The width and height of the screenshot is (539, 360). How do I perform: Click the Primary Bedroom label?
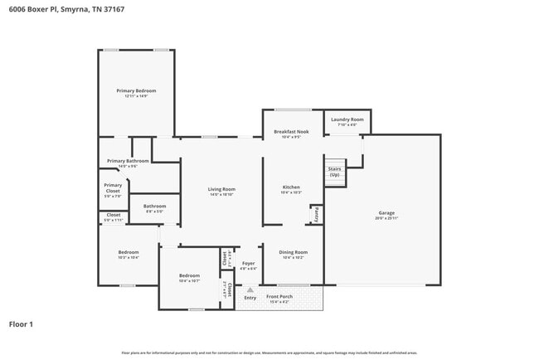[136, 90]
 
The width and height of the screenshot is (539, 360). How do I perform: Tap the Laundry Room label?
[347, 119]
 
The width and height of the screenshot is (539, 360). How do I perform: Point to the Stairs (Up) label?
[334, 172]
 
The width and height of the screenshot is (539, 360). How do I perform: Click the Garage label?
[386, 212]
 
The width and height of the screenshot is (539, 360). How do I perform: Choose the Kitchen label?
[291, 187]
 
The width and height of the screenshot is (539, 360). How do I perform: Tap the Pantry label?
[316, 213]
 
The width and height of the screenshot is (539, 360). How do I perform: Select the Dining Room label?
[293, 252]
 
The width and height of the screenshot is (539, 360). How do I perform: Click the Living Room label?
[221, 189]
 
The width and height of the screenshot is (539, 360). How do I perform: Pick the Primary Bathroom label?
[128, 161]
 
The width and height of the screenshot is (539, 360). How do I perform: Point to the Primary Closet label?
[113, 188]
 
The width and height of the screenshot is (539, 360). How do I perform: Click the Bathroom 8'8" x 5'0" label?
[154, 207]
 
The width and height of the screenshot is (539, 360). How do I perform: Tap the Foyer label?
[249, 263]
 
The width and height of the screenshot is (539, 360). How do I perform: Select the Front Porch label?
[279, 296]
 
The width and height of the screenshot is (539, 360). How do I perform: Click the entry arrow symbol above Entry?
[250, 289]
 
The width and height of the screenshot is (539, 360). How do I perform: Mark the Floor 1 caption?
[21, 324]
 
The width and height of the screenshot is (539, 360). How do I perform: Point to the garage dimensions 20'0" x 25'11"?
[386, 218]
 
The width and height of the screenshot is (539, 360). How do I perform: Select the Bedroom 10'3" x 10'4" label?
[128, 252]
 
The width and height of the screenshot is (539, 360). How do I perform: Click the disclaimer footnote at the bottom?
[269, 353]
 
